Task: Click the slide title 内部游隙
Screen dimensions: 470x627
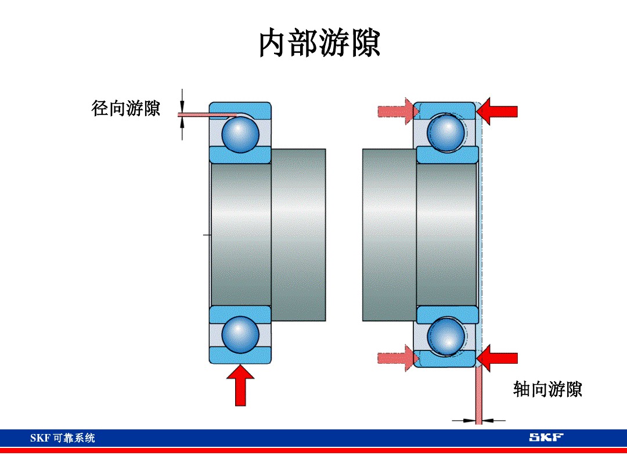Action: (319, 44)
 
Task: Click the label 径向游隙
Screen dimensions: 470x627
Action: (126, 108)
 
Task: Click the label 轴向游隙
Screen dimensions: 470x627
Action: (547, 389)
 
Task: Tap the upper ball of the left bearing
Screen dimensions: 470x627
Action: (240, 133)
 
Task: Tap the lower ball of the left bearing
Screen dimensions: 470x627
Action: (240, 334)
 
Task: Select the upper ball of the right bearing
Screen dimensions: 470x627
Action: (445, 133)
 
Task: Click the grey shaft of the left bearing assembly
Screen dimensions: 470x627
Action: (298, 235)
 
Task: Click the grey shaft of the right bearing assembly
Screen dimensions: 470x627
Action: (389, 235)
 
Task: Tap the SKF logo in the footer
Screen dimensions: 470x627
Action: (546, 437)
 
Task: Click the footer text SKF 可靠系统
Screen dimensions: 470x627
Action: (63, 438)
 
